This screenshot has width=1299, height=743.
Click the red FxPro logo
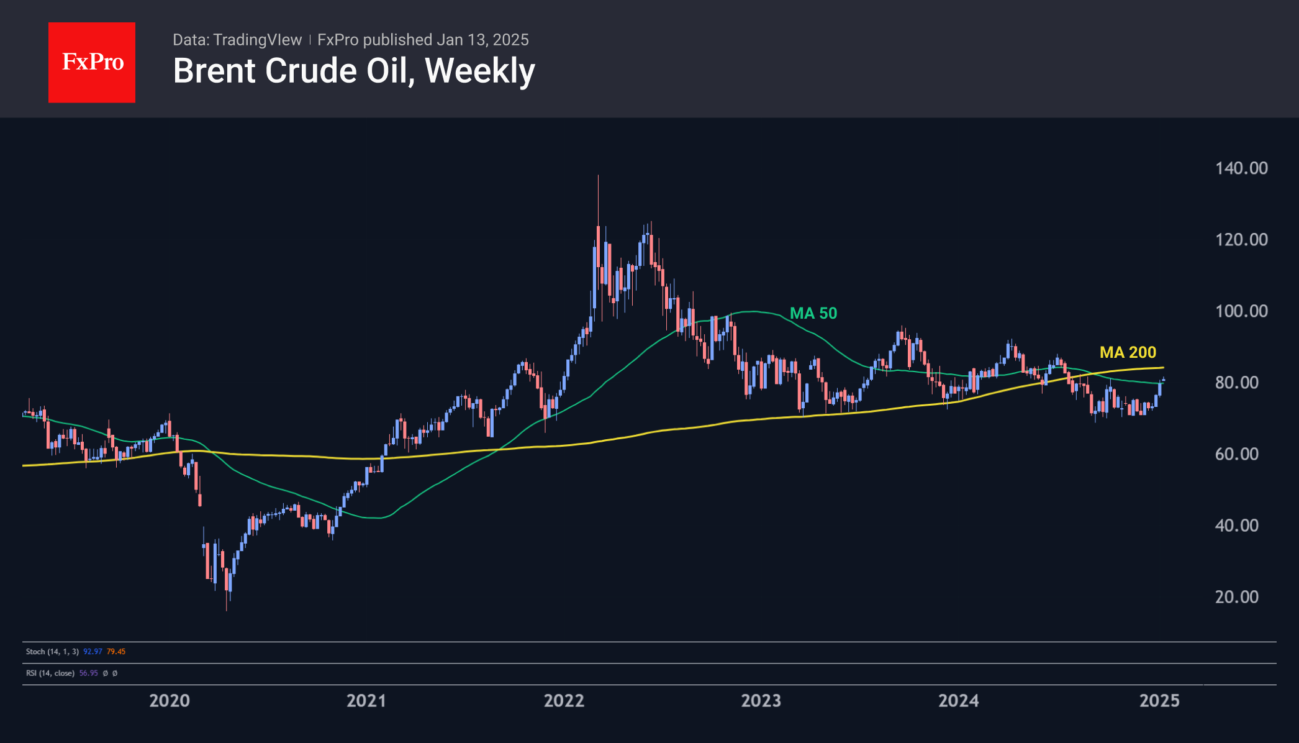(x=92, y=62)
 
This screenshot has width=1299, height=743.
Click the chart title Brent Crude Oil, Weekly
(x=354, y=71)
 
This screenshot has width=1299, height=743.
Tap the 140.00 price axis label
(x=1241, y=168)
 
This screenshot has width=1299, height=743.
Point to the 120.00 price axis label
(x=1241, y=240)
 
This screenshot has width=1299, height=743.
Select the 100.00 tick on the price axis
(x=1241, y=311)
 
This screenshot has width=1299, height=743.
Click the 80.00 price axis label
(x=1236, y=383)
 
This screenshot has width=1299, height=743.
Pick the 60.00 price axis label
(x=1236, y=454)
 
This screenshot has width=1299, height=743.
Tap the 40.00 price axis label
(x=1236, y=526)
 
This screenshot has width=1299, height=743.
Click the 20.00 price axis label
(x=1236, y=597)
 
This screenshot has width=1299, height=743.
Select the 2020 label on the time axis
(x=170, y=701)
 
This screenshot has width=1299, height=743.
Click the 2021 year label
(x=366, y=701)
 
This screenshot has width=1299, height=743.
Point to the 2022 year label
(x=564, y=701)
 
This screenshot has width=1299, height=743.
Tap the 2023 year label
(x=761, y=701)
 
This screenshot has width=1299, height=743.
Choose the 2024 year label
(x=959, y=701)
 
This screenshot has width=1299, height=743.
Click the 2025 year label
(x=1159, y=701)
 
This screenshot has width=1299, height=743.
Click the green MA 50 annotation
(x=813, y=313)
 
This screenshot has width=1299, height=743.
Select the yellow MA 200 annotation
(x=1128, y=352)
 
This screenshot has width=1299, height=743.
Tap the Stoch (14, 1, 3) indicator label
(x=52, y=652)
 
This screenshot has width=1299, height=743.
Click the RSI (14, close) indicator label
(x=50, y=673)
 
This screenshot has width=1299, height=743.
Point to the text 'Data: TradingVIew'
(x=237, y=40)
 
